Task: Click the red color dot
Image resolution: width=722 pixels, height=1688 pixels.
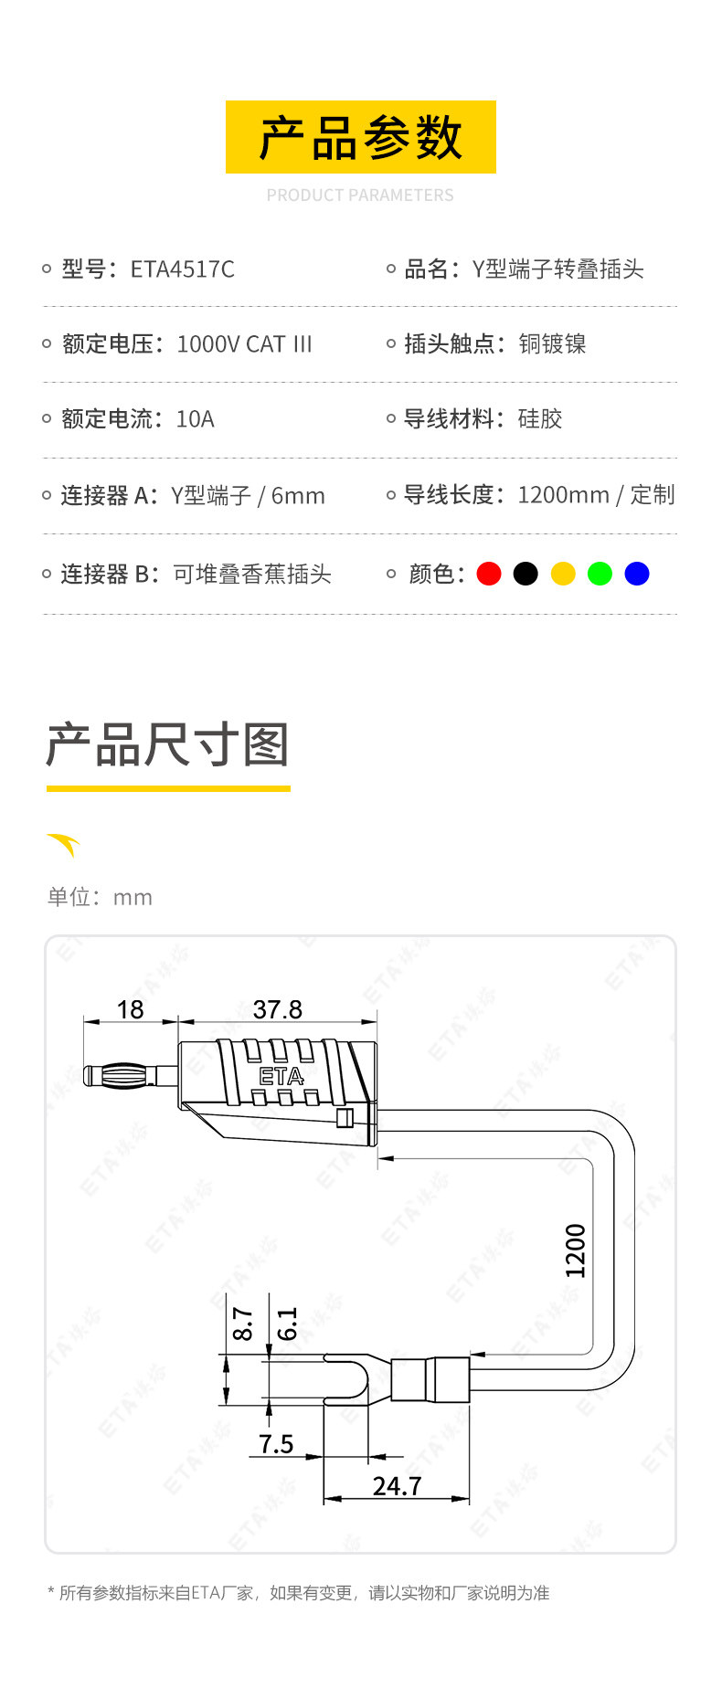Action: point(489,574)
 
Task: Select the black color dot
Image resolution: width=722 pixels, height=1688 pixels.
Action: point(526,574)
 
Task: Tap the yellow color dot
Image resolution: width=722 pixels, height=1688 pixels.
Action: point(563,574)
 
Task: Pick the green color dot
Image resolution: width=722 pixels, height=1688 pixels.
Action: point(600,574)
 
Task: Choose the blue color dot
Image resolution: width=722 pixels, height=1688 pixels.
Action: point(637,574)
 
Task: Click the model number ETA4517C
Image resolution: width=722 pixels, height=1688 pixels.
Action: point(183,269)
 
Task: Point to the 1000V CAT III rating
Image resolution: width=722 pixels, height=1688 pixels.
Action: point(244,344)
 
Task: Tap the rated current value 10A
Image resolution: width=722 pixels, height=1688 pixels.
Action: point(195,419)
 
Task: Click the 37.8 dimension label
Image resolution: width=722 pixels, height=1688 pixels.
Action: point(278,1009)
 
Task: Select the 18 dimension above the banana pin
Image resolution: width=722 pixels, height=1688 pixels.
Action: point(131,1009)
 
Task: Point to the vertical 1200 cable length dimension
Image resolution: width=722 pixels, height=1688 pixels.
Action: point(575,1250)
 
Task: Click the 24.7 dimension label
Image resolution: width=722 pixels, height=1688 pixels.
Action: point(398,1486)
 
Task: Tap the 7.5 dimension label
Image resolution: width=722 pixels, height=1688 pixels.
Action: point(276,1444)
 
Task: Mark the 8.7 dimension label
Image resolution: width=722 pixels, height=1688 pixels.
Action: point(243,1324)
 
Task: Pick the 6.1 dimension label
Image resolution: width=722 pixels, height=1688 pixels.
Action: point(287,1324)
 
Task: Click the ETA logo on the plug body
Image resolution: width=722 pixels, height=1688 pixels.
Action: point(281,1077)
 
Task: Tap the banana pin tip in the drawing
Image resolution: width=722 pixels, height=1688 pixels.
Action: point(88,1075)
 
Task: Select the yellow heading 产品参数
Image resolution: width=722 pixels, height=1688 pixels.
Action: point(361,137)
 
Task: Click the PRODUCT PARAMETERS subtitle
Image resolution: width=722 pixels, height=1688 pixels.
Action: point(360,195)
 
